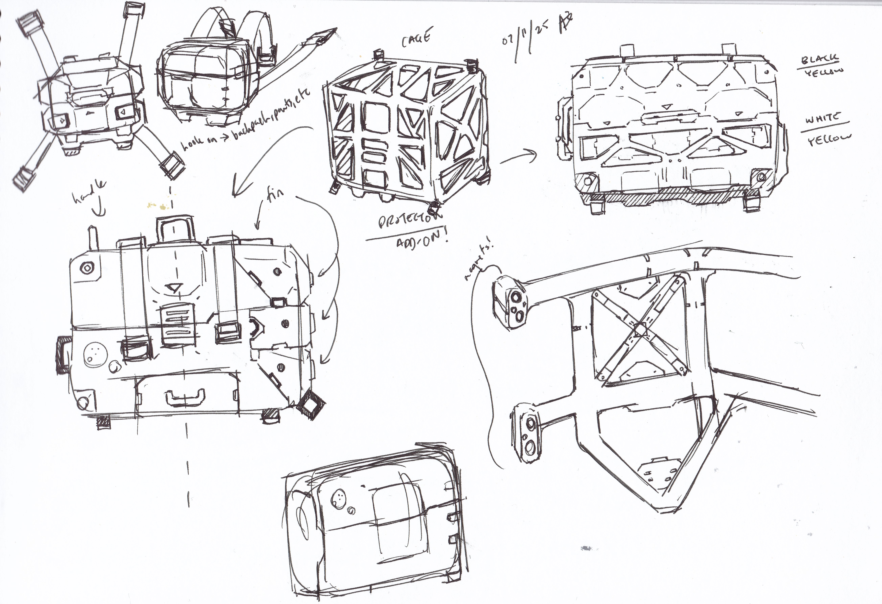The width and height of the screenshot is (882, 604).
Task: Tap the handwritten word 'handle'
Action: (x=89, y=193)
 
